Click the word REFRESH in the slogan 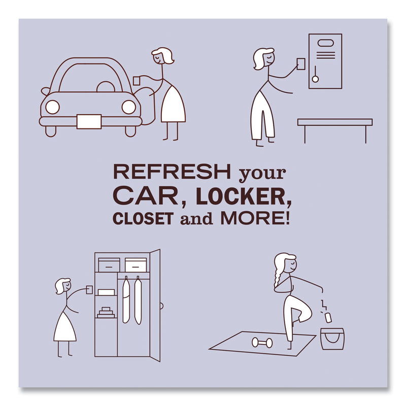pyautogui.click(x=172, y=172)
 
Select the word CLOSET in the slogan pyautogui.click(x=143, y=219)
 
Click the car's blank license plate pyautogui.click(x=89, y=121)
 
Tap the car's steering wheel pyautogui.click(x=106, y=87)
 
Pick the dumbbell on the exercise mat pyautogui.click(x=262, y=343)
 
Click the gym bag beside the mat pyautogui.click(x=332, y=339)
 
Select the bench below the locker pyautogui.click(x=335, y=130)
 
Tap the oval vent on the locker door pyautogui.click(x=326, y=43)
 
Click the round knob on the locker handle pyautogui.click(x=315, y=79)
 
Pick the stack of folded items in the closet pyautogui.click(x=106, y=313)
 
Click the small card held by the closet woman pyautogui.click(x=89, y=290)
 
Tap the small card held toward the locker pyautogui.click(x=301, y=64)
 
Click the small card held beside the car pyautogui.click(x=137, y=81)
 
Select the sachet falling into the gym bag pyautogui.click(x=328, y=318)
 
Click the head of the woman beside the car pyautogui.click(x=162, y=56)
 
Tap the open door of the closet pyautogui.click(x=155, y=305)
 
